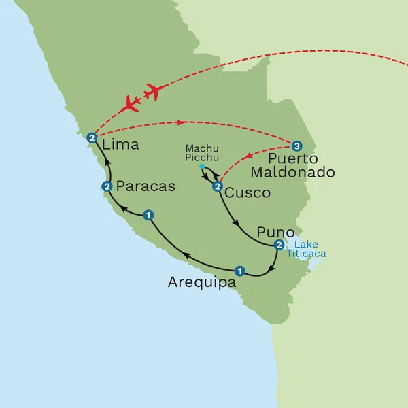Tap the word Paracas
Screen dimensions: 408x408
tap(146, 186)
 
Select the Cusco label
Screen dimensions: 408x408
tap(248, 192)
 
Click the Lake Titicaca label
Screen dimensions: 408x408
tap(305, 250)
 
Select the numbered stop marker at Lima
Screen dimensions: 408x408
tap(91, 137)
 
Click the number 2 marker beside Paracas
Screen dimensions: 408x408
tap(106, 186)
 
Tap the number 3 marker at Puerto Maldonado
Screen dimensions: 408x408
tap(296, 146)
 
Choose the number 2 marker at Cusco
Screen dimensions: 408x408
tap(217, 187)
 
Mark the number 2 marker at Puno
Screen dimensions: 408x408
tap(278, 245)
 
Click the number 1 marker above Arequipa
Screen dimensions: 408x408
tap(239, 270)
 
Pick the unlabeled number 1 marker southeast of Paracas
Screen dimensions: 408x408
tap(148, 216)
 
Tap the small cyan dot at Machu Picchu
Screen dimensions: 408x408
tap(202, 167)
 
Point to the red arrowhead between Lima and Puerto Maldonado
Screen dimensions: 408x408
tap(181, 122)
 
